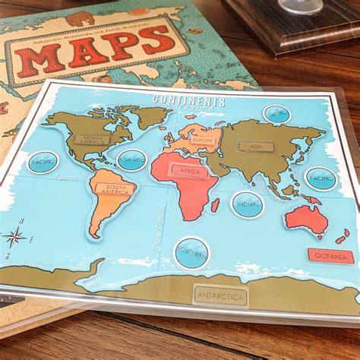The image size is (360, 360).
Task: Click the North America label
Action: pyautogui.click(x=91, y=140)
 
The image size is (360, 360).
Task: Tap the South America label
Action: pyautogui.click(x=115, y=189)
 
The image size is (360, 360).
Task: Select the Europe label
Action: pyautogui.click(x=203, y=142)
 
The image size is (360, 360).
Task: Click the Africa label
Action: pyautogui.click(x=189, y=171)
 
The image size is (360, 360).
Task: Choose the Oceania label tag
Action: pyautogui.click(x=330, y=256)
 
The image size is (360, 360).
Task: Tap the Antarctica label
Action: pyautogui.click(x=220, y=295)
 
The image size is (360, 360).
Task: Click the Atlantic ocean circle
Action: pyautogui.click(x=131, y=160)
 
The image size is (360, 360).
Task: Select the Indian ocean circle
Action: pyautogui.click(x=248, y=204)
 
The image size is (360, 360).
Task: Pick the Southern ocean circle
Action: pyautogui.click(x=191, y=252)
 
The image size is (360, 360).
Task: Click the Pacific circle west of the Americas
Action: pyautogui.click(x=43, y=162)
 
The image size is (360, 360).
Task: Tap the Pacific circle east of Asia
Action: pyautogui.click(x=321, y=178)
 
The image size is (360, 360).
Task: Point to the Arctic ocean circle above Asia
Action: pyautogui.click(x=276, y=114)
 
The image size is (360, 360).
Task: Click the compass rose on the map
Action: pyautogui.click(x=14, y=236)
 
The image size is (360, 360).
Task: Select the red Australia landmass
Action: pyautogui.click(x=307, y=219)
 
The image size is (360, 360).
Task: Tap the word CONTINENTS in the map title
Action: pyautogui.click(x=189, y=100)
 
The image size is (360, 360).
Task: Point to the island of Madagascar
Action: pyautogui.click(x=215, y=205)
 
